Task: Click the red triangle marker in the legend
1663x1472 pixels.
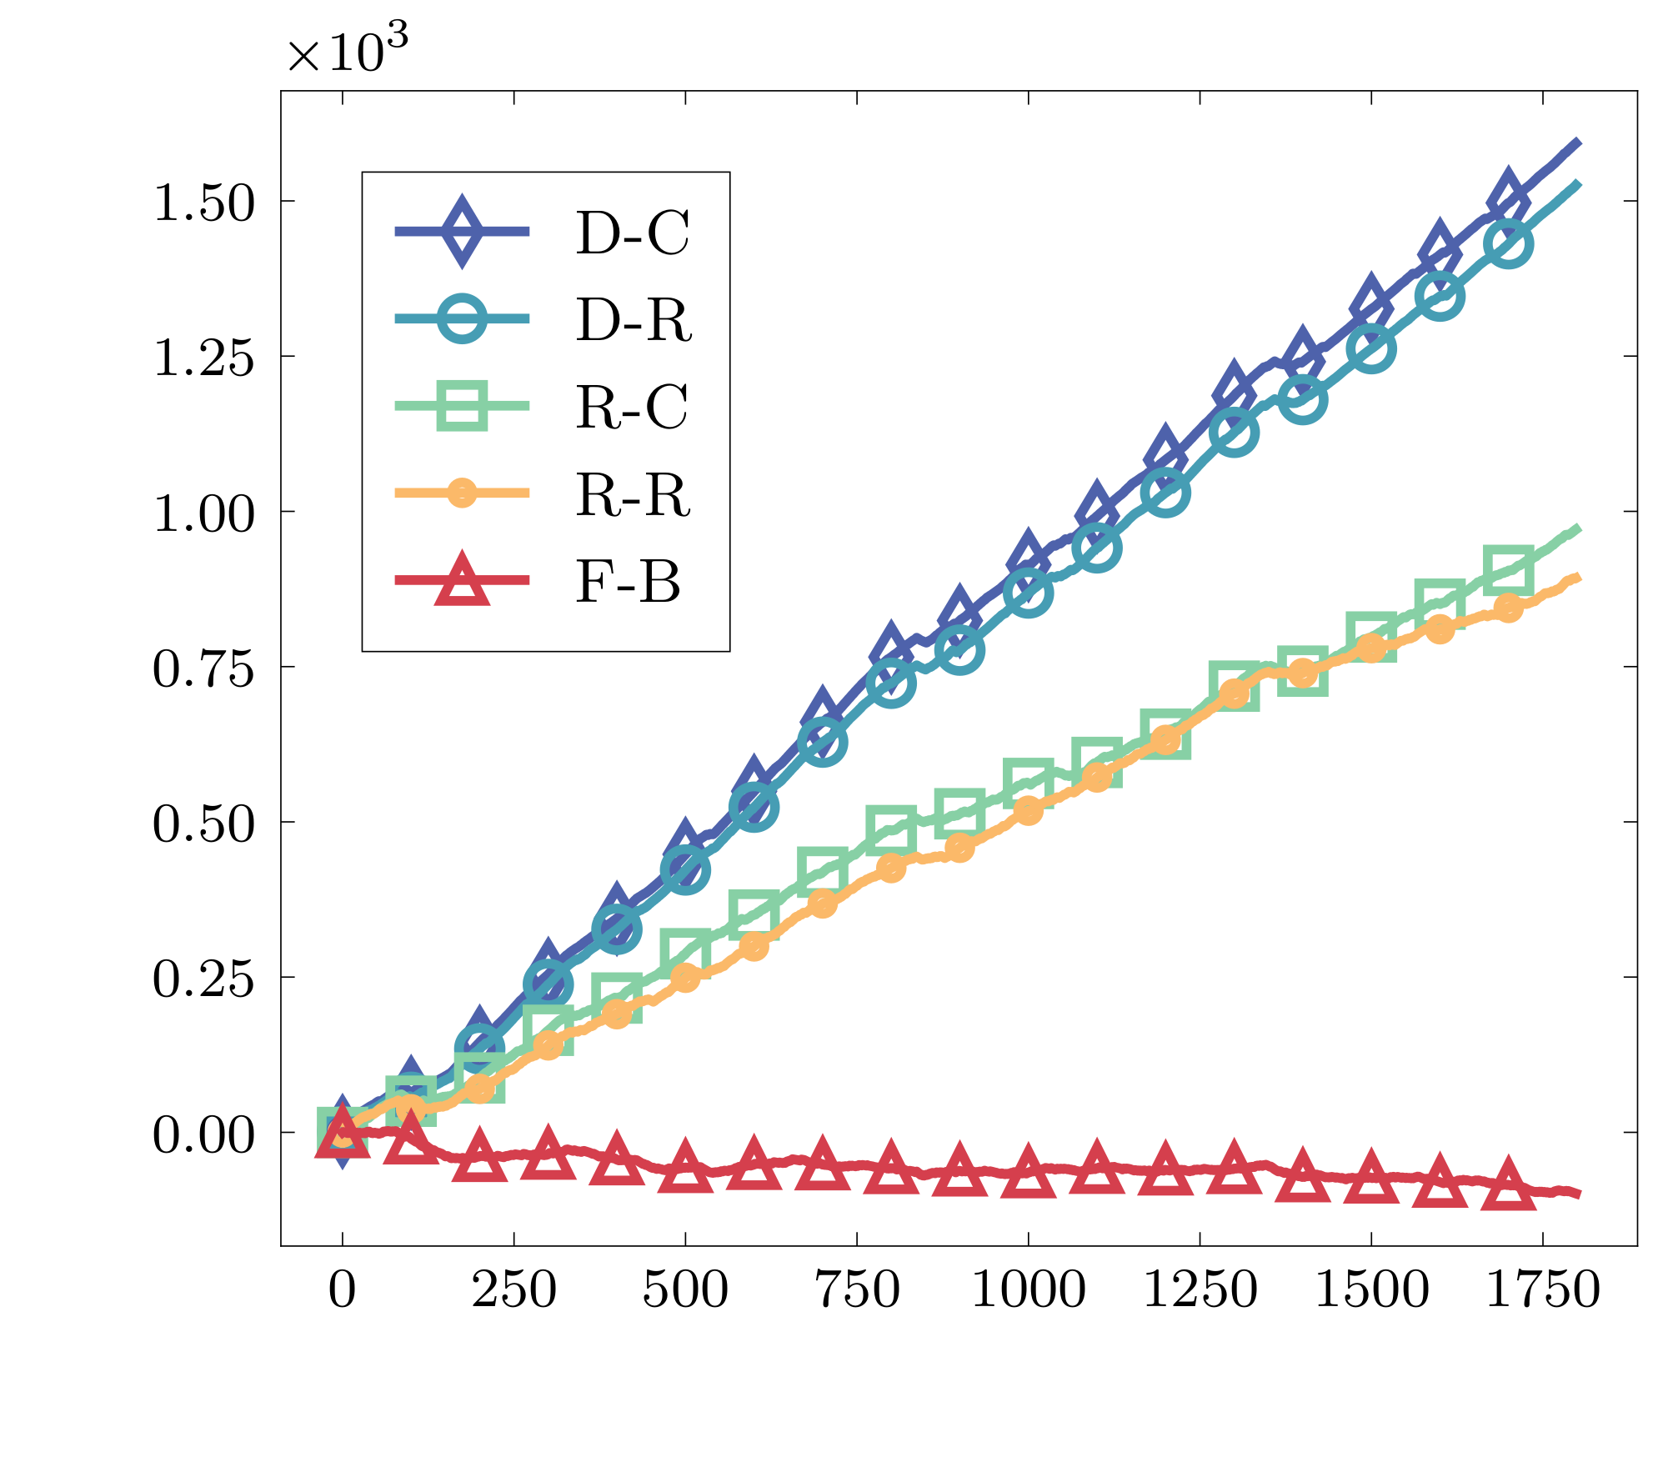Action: coord(462,578)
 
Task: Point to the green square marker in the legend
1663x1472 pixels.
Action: coord(462,406)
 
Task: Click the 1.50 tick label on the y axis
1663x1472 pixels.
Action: coord(203,203)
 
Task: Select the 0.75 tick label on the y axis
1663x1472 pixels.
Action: coord(203,668)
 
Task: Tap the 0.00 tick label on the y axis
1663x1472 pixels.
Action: coord(203,1134)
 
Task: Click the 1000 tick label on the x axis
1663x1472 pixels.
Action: coord(1028,1289)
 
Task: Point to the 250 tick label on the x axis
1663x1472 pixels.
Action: coord(513,1289)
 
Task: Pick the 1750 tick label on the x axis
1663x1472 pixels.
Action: coord(1542,1289)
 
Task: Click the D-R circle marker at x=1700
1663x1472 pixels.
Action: coord(1508,244)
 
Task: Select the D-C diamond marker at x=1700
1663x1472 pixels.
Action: coord(1508,198)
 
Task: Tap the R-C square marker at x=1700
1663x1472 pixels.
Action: coord(1508,570)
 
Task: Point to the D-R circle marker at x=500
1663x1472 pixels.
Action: coord(685,870)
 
